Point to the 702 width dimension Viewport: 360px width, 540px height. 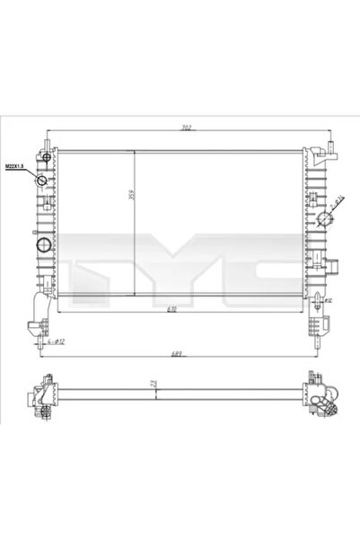coord(186,128)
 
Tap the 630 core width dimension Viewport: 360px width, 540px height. coord(183,308)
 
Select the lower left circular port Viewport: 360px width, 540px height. coord(41,245)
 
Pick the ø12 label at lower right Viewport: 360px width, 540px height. coord(329,300)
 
